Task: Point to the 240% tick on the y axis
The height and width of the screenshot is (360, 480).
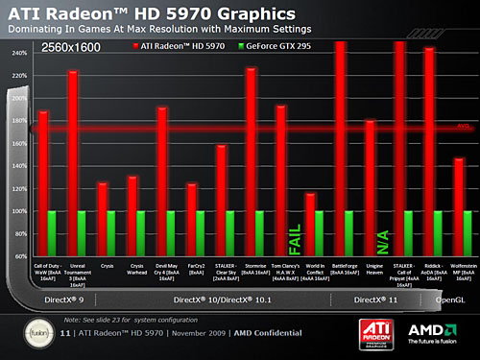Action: (19, 54)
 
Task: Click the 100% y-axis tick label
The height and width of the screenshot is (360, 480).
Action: (19, 210)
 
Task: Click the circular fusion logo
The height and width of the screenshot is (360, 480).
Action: (35, 336)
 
